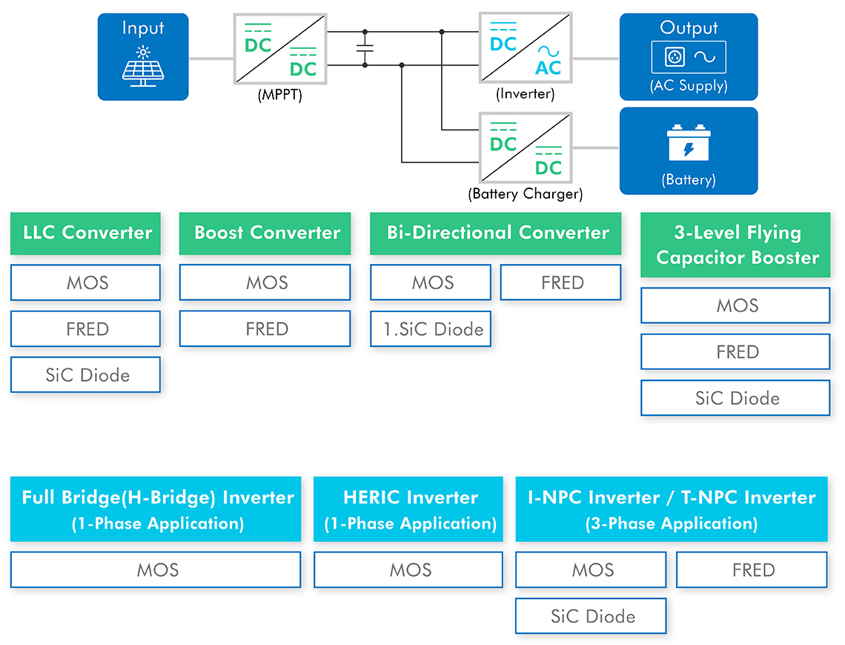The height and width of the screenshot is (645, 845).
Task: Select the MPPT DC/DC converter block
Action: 280,49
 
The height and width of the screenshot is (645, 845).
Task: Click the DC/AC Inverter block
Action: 526,48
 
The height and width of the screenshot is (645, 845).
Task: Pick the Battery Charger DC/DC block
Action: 526,148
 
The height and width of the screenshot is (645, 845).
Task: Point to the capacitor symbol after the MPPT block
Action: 365,48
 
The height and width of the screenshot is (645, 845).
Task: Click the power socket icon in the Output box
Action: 675,56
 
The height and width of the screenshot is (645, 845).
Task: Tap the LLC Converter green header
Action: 86,234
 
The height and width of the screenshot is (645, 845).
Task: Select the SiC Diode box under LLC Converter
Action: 86,374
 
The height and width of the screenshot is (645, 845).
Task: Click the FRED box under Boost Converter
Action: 265,328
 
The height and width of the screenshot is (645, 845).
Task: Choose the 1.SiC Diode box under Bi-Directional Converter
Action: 431,328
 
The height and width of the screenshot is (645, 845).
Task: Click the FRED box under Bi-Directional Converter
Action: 561,282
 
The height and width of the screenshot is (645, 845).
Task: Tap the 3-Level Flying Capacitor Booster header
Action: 735,245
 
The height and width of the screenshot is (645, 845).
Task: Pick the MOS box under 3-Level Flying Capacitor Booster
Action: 735,305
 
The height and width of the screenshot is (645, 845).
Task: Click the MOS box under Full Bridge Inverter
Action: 156,569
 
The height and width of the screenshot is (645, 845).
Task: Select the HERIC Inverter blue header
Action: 408,509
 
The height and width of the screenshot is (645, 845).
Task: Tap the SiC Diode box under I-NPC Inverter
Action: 591,616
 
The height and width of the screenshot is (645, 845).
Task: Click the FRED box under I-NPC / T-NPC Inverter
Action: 752,569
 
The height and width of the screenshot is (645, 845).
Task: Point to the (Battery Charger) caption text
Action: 526,194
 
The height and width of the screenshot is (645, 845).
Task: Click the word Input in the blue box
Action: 143,28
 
